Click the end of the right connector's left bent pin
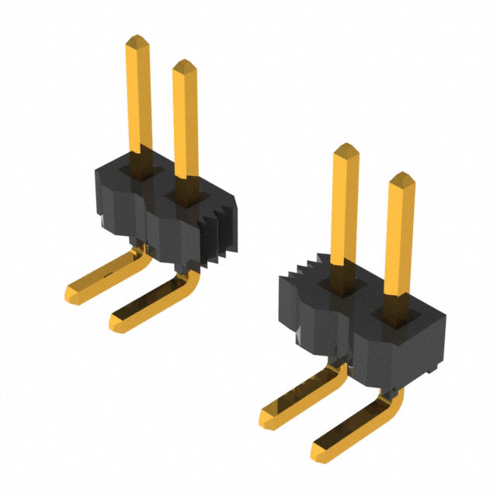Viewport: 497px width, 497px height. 269,419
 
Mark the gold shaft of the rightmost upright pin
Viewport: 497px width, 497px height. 401,241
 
